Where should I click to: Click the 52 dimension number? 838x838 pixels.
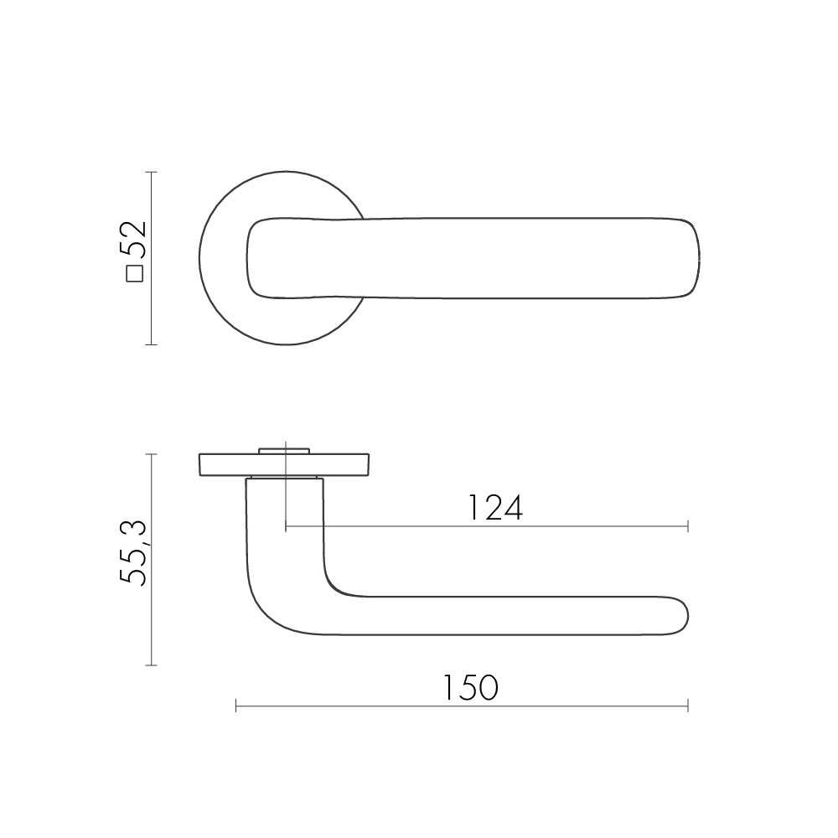(x=133, y=237)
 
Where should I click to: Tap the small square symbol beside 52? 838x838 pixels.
(x=135, y=273)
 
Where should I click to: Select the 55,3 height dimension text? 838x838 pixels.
(x=133, y=553)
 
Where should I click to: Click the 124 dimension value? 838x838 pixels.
(x=495, y=508)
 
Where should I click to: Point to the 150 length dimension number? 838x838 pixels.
(x=471, y=688)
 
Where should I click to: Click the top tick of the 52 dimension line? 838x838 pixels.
(x=152, y=172)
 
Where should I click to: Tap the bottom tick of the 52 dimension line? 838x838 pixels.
(x=152, y=344)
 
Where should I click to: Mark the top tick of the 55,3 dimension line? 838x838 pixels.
(x=152, y=454)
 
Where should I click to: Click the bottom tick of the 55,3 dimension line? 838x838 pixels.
(x=152, y=665)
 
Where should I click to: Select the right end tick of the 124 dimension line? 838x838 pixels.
(x=688, y=526)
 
